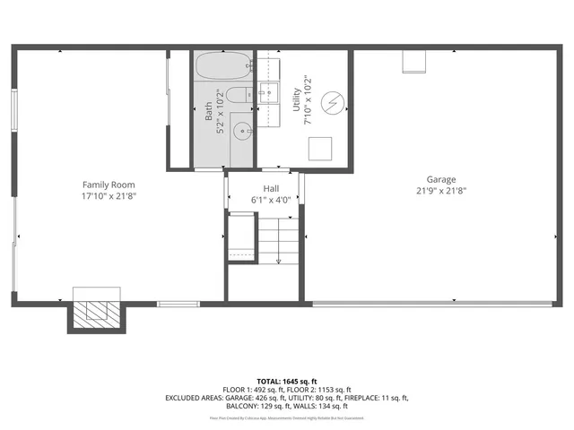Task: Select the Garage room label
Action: point(441,179)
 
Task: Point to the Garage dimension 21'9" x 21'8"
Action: point(441,190)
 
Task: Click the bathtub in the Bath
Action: point(222,68)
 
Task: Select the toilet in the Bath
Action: point(237,96)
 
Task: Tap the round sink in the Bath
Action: point(242,131)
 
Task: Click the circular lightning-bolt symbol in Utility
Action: point(332,104)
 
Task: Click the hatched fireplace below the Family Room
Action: point(92,314)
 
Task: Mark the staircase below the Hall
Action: point(280,244)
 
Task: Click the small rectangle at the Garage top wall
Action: point(414,61)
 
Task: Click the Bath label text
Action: point(209,109)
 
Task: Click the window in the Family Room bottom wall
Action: point(179,305)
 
